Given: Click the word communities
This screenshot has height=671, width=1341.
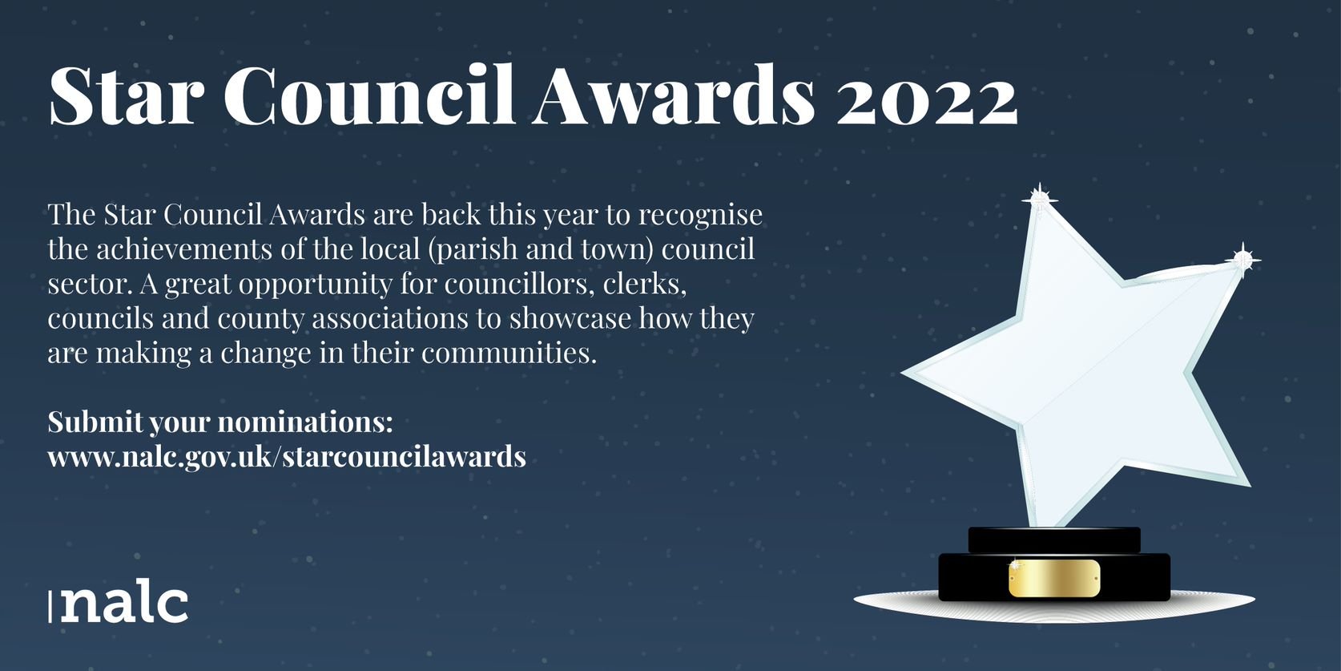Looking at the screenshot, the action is click(x=509, y=352).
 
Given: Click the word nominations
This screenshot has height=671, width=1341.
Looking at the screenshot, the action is click(x=304, y=422).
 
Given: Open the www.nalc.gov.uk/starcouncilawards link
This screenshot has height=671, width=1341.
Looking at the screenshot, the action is click(x=287, y=456).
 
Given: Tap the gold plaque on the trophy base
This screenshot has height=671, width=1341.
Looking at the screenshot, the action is click(x=1054, y=579).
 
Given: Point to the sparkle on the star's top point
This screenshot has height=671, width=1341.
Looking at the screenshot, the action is click(x=1040, y=199).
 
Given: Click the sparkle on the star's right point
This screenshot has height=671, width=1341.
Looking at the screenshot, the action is click(x=1242, y=260).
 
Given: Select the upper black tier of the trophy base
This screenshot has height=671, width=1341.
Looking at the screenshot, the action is click(x=1054, y=540).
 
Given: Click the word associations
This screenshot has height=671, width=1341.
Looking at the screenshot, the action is click(x=390, y=318).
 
